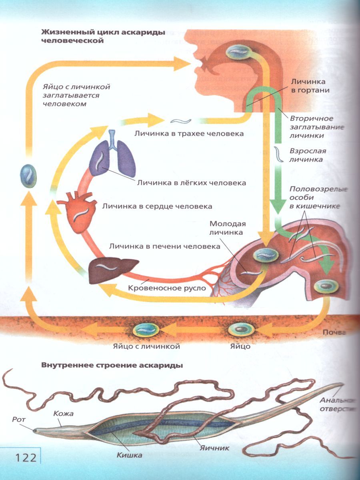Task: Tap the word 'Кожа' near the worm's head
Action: pyautogui.click(x=63, y=414)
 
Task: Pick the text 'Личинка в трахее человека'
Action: pyautogui.click(x=189, y=134)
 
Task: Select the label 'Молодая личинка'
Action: pyautogui.click(x=228, y=228)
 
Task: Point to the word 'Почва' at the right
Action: pyautogui.click(x=334, y=332)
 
